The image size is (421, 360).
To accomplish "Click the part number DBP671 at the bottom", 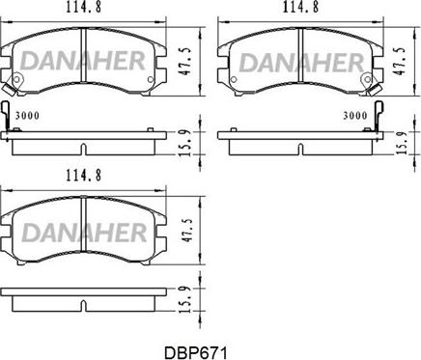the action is (196, 352).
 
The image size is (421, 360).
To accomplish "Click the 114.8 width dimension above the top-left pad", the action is (84, 7).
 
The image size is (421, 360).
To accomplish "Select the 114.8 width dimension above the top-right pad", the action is (300, 7).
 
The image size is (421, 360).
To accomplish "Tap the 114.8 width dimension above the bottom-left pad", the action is (84, 176).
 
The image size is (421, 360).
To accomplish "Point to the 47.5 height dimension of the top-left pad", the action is (185, 63).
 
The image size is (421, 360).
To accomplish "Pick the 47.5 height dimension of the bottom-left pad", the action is (185, 231).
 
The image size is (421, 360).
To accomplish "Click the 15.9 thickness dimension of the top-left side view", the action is (185, 143).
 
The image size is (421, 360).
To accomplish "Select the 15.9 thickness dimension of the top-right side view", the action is (403, 143).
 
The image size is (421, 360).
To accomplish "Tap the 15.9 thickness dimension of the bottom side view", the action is (185, 299).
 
